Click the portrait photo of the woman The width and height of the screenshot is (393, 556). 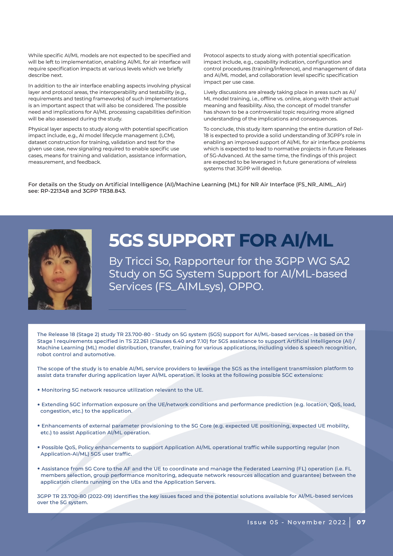click(60, 269)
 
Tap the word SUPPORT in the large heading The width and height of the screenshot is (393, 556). click(191, 241)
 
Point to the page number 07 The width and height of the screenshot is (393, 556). click(361, 522)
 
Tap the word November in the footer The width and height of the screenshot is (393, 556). click(306, 522)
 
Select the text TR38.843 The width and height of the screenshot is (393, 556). click(115, 191)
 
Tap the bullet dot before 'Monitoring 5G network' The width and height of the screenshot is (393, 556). click(39, 390)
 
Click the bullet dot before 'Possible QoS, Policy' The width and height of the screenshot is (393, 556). click(39, 447)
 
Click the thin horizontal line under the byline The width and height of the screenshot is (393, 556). click(147, 310)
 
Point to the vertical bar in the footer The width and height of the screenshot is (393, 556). click(350, 522)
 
